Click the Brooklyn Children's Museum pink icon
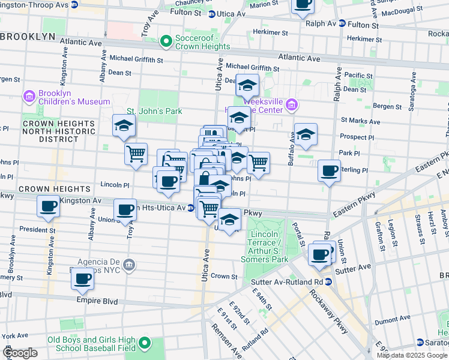29,97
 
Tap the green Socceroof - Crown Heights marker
166,41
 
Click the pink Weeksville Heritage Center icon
292,105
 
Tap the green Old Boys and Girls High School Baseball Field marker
144,343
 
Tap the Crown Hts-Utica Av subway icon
190,208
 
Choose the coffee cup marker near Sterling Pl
329,170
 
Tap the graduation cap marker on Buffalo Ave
306,134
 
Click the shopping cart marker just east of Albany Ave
136,153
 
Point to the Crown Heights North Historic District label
58,131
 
